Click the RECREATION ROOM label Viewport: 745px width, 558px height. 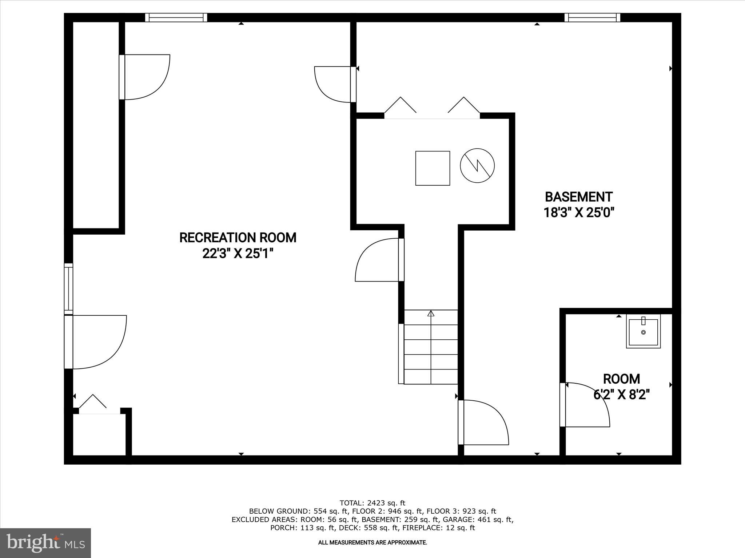238,238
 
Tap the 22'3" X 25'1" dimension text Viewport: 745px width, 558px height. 238,254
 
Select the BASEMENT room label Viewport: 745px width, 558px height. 578,197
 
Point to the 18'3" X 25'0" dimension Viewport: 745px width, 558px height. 579,212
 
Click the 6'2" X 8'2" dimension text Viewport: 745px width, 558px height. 621,394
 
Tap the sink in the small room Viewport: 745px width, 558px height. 643,331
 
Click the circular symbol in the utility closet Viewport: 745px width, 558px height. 477,166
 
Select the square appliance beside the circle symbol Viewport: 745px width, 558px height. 433,168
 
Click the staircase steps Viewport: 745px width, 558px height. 431,347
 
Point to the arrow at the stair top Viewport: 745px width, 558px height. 431,313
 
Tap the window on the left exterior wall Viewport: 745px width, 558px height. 68,289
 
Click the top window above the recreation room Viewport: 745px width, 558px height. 176,17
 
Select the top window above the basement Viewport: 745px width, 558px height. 592,17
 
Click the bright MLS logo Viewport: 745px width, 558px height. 45,543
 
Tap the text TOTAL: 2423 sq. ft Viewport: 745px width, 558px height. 372,503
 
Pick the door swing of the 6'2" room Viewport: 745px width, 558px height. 586,405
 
